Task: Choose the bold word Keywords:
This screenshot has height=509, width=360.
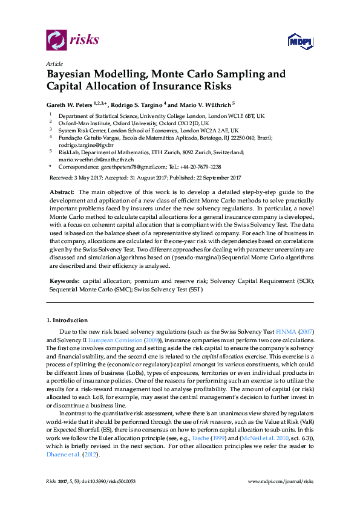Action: click(64, 282)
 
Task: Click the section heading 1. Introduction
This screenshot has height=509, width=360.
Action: click(67, 320)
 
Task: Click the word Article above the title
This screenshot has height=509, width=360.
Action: click(54, 63)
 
